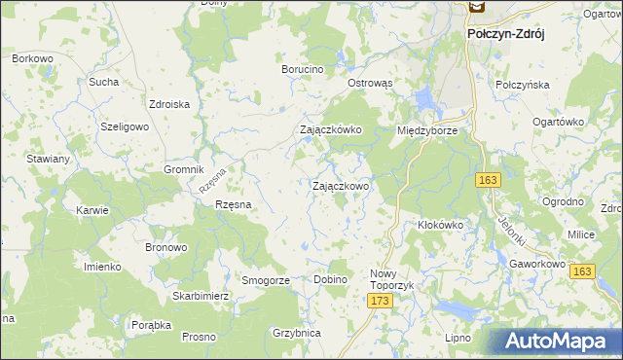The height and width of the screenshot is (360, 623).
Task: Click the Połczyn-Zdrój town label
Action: (505, 33)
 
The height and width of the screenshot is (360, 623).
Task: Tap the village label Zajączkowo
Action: (340, 186)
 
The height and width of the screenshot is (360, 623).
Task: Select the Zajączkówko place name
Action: (330, 129)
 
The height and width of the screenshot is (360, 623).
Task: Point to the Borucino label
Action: (302, 70)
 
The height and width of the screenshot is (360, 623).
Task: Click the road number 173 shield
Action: (380, 304)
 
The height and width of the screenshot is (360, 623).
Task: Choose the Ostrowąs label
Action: (370, 83)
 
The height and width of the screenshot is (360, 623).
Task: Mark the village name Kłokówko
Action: (439, 225)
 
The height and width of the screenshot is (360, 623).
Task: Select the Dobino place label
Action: (330, 280)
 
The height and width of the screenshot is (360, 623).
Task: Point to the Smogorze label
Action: (267, 280)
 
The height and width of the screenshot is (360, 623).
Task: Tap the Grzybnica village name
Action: (297, 333)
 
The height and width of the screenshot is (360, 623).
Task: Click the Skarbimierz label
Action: (200, 296)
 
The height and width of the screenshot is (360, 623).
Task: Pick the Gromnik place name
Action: (184, 168)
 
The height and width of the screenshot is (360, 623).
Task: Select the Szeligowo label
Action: (125, 127)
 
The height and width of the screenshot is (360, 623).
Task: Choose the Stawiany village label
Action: (48, 159)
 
